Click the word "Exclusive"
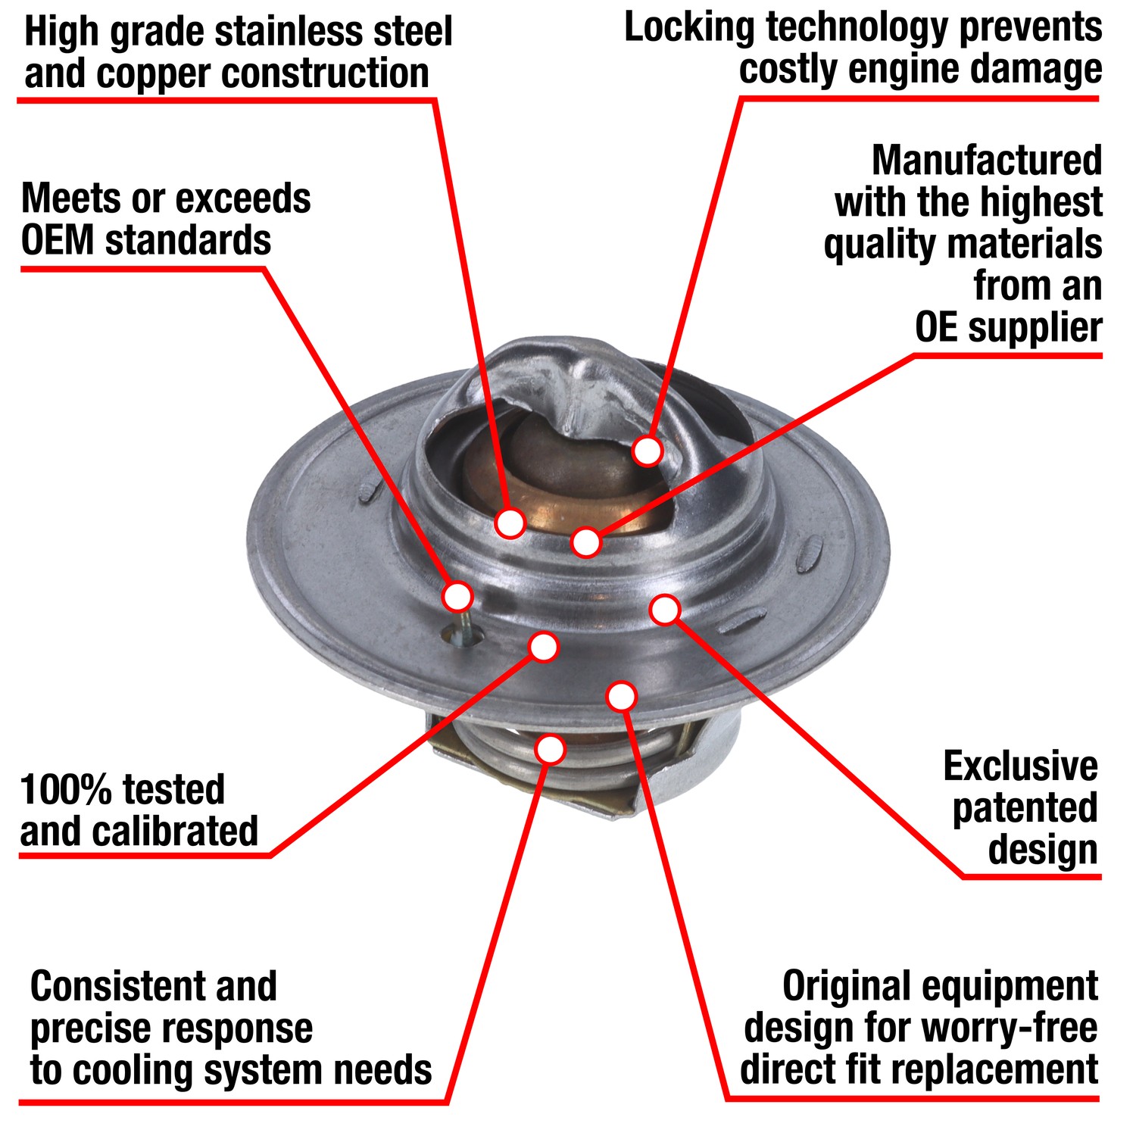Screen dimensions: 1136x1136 point(1020,766)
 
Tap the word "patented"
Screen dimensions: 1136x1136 point(1025,808)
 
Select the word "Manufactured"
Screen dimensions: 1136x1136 point(987,161)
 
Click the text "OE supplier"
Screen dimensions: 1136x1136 point(1008,328)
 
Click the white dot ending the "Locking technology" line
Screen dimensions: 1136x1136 point(648,451)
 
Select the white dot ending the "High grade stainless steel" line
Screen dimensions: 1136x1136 point(510,523)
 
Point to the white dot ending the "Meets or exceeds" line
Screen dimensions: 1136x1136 point(457,596)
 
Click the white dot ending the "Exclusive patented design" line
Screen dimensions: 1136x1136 point(665,609)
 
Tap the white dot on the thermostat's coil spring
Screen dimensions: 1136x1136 point(551,749)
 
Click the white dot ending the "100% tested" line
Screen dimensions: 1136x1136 point(544,647)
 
